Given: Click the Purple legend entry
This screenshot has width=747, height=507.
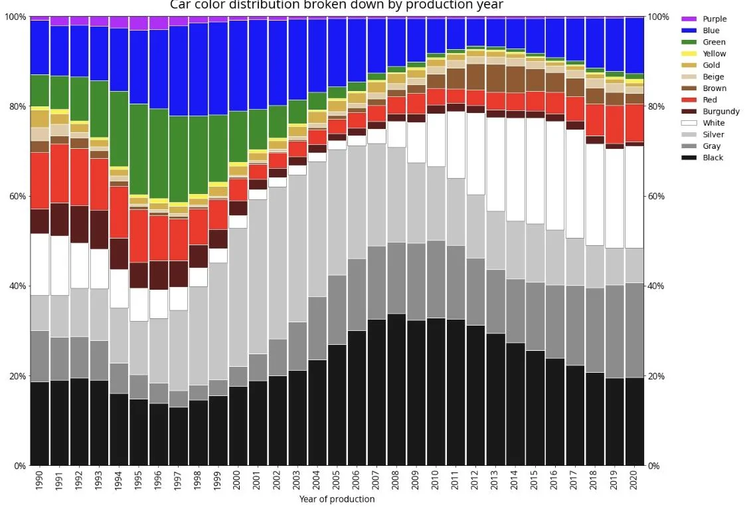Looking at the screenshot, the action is pos(704,19).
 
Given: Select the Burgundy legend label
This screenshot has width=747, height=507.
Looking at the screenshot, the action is pos(721,112).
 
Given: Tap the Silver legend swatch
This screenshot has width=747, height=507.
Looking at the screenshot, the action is pos(689,134).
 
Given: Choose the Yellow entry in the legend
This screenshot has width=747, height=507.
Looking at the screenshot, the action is pos(704,54).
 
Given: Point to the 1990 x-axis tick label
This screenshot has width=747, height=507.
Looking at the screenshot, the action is pos(40,480).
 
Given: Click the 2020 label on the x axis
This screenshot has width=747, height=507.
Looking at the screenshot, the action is pos(633,480).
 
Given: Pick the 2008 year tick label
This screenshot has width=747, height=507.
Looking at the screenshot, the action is pos(396,480).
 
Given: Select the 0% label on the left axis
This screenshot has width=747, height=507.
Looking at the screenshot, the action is pos(19,466).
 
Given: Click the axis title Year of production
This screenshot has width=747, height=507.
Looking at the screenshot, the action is pos(337,499).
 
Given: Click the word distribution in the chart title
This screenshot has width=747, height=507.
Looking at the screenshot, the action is pos(264,5).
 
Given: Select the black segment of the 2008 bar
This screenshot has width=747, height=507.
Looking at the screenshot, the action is pos(396,389).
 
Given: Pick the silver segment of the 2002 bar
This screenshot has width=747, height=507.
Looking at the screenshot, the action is pos(278,263).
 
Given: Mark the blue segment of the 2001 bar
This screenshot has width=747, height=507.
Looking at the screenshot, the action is pos(257,65).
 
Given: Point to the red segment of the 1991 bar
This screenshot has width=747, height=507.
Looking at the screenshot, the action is pos(60,173).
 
